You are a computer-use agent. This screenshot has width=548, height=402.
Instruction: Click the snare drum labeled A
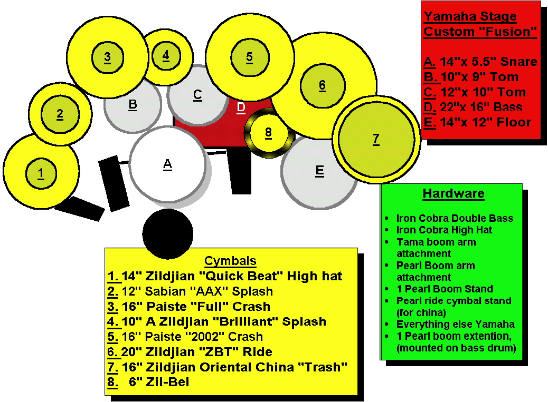[167, 164]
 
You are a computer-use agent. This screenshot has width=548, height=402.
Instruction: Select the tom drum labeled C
[197, 95]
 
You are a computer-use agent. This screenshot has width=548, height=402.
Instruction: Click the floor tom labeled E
[319, 171]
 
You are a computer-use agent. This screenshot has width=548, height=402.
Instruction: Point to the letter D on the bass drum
[241, 107]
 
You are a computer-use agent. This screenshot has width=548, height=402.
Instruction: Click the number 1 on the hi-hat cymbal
[41, 172]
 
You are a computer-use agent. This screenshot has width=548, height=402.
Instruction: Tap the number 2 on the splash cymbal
[60, 113]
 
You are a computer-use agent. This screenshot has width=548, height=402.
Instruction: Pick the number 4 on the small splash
[166, 55]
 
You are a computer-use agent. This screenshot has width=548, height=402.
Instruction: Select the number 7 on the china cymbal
[375, 139]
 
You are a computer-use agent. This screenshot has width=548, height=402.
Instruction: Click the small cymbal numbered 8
[268, 132]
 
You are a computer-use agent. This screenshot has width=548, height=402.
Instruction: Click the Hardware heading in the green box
[453, 193]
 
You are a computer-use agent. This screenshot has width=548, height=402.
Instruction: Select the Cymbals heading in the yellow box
[230, 261]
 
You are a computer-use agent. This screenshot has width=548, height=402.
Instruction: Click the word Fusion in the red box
[508, 32]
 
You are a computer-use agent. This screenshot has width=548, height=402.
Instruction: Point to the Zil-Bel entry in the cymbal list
[158, 382]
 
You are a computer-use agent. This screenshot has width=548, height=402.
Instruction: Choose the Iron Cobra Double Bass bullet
[455, 218]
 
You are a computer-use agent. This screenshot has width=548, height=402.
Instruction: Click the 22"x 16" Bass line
[480, 107]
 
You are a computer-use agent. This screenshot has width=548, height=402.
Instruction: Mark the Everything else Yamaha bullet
[455, 324]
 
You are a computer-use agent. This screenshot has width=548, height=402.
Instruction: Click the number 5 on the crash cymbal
[249, 57]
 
